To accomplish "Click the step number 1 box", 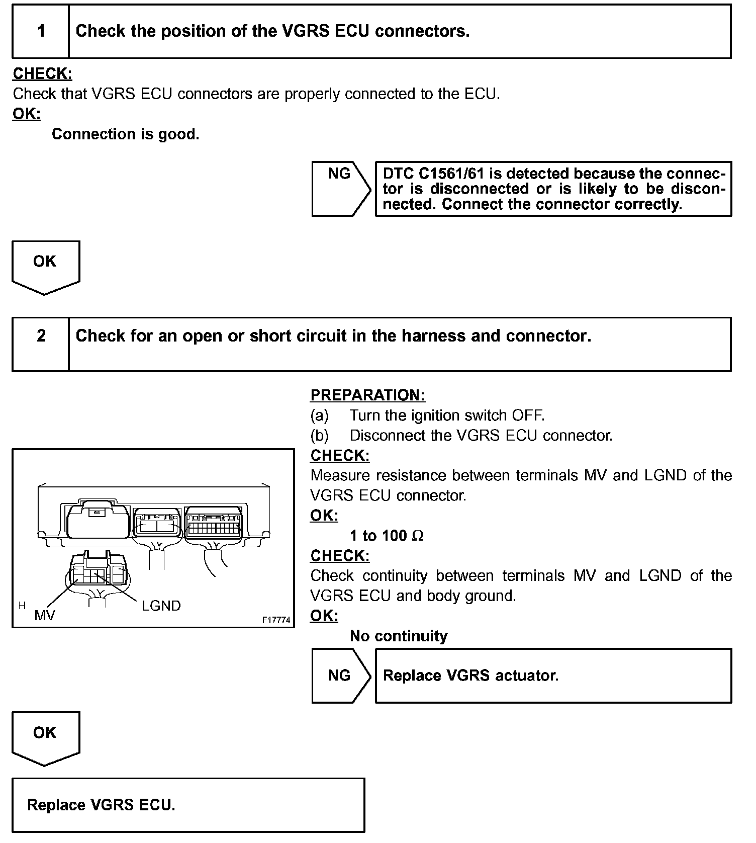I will click(41, 31).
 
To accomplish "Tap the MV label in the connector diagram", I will click(45, 615).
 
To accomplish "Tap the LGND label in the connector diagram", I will click(161, 606).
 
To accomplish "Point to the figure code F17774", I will click(276, 620).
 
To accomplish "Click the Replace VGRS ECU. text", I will click(101, 805).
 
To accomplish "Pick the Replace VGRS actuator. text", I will click(470, 676).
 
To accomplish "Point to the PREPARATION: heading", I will click(367, 395).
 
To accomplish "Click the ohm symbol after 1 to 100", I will click(418, 536).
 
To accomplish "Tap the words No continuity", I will click(399, 636).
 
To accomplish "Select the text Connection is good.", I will click(126, 134).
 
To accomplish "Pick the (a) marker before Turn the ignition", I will click(320, 415).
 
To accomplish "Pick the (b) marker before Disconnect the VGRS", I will click(320, 436).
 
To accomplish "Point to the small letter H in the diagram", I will click(22, 606).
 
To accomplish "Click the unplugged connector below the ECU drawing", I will click(97, 571).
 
